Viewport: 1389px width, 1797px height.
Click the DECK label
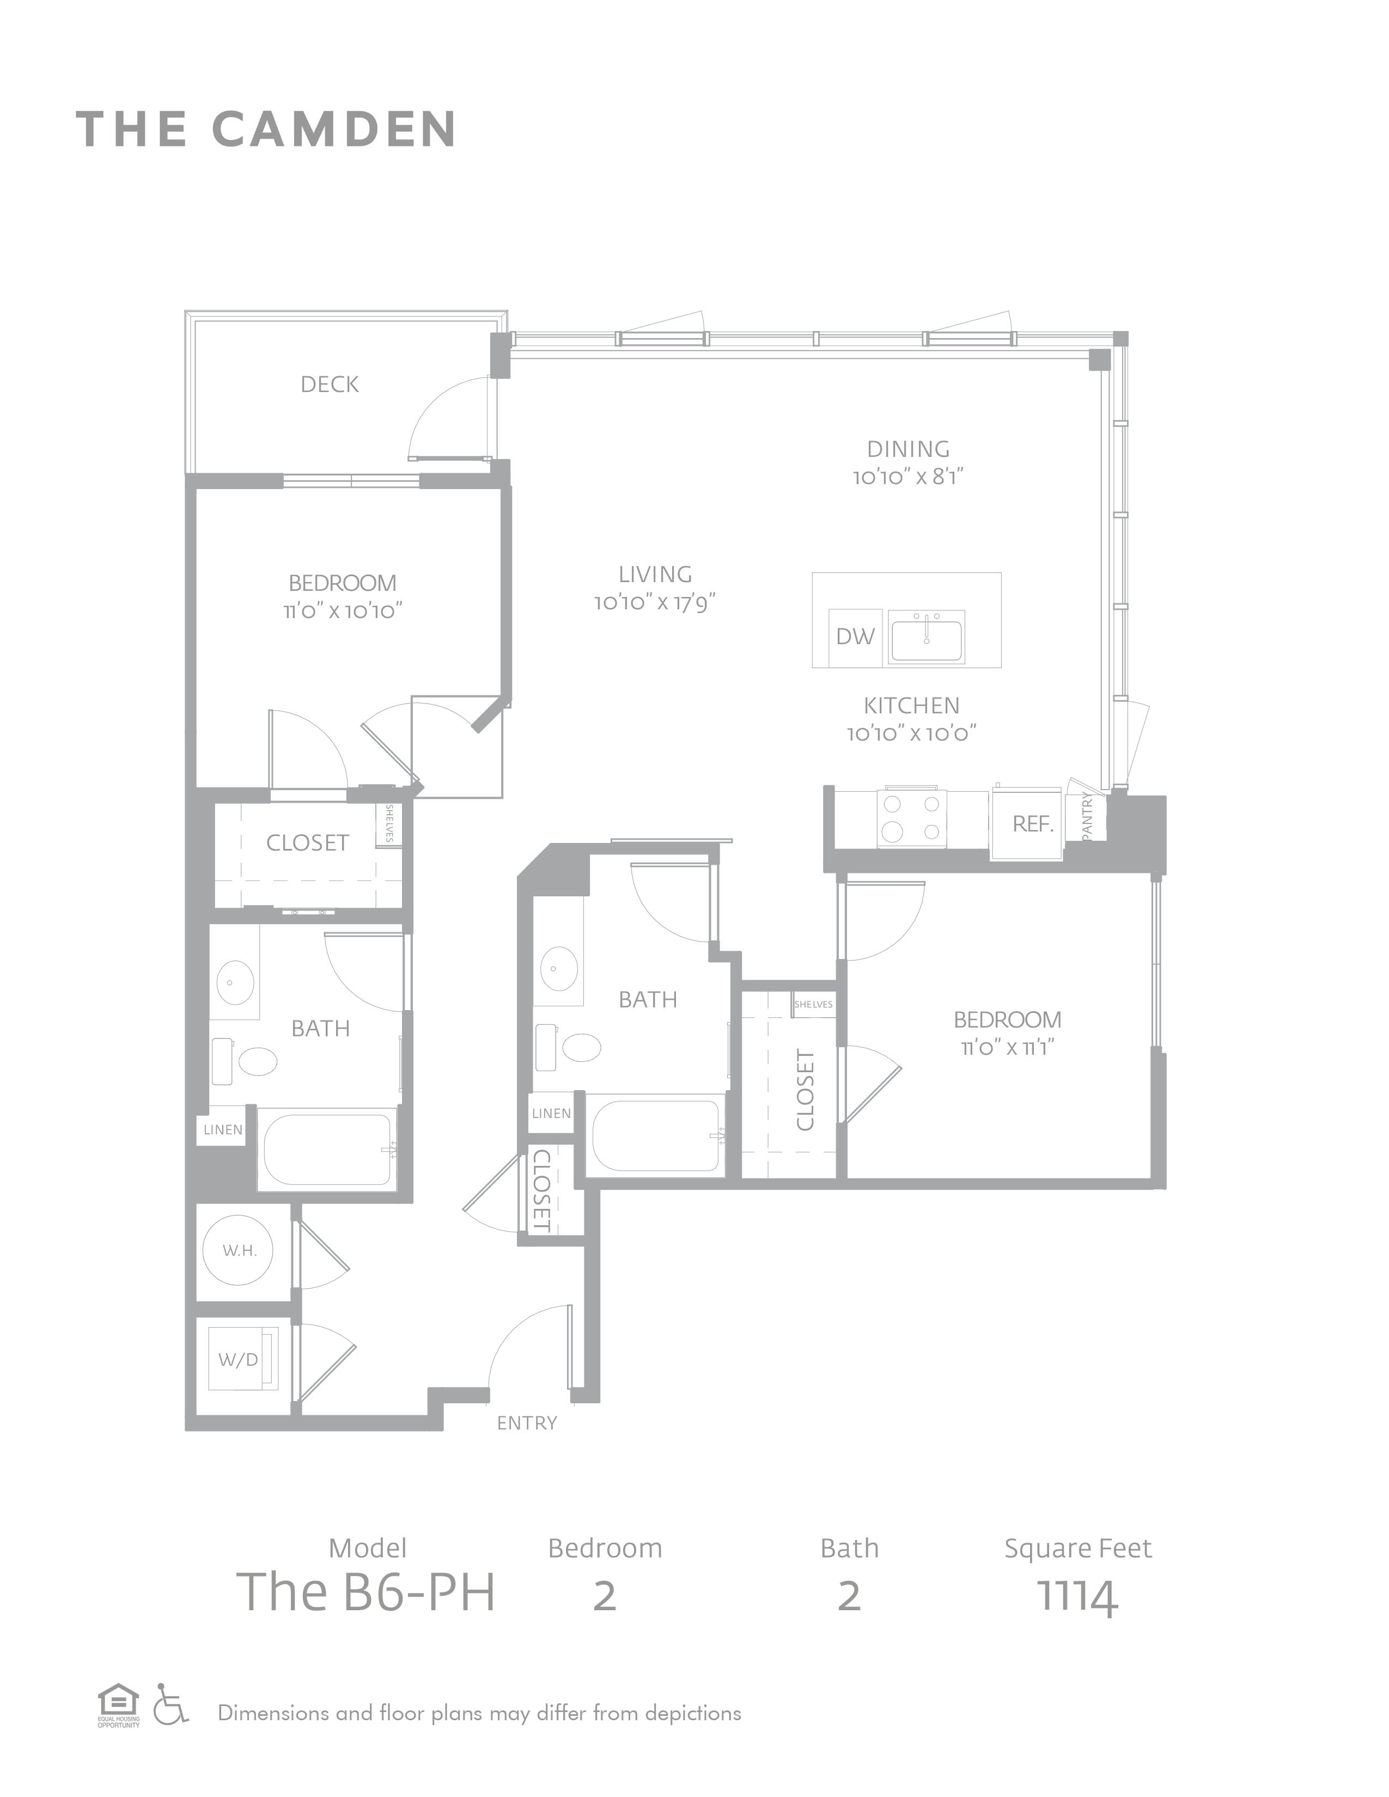tap(329, 384)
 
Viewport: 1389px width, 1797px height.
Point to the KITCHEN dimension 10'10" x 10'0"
tap(912, 733)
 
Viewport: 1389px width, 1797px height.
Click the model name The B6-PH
tap(366, 1592)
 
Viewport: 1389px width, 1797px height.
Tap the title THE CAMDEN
tap(266, 129)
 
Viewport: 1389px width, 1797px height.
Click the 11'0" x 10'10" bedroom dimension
tap(342, 610)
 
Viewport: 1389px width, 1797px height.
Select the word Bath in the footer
tap(849, 1549)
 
